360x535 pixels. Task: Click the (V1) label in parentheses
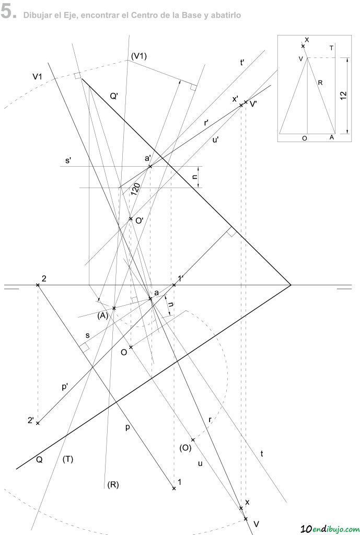click(138, 56)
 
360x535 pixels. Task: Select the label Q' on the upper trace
click(114, 97)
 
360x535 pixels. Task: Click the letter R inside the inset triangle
click(320, 82)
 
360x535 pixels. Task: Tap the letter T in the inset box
click(332, 48)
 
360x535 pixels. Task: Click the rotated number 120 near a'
click(136, 189)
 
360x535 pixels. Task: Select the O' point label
click(139, 221)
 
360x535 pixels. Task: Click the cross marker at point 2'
click(38, 423)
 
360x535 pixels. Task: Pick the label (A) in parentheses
click(102, 316)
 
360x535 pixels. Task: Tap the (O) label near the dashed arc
click(185, 448)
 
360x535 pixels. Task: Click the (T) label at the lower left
click(67, 460)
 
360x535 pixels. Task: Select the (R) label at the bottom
click(113, 484)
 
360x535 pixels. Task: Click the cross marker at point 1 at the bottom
click(174, 489)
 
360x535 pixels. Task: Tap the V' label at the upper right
click(254, 104)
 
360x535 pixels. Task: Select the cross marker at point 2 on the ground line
click(38, 285)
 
